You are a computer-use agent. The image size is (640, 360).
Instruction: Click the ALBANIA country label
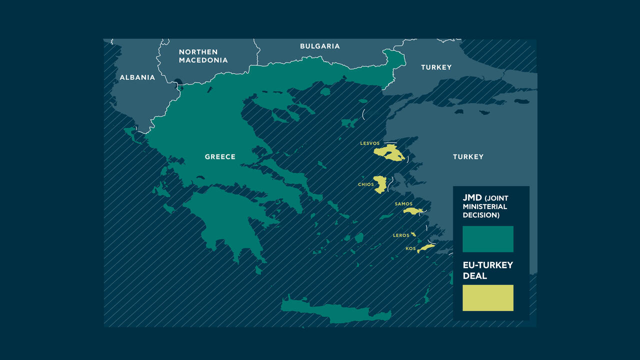pyautogui.click(x=137, y=77)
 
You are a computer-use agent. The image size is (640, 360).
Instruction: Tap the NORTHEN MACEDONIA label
pyautogui.click(x=203, y=56)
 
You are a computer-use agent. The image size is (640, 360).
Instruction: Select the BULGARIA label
pyautogui.click(x=319, y=46)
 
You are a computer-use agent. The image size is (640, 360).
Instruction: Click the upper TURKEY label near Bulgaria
pyautogui.click(x=436, y=67)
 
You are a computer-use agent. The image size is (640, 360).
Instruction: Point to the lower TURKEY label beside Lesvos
pyautogui.click(x=468, y=156)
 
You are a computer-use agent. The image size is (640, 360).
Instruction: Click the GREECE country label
pyautogui.click(x=220, y=156)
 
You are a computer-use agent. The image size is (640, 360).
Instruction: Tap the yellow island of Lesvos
pyautogui.click(x=389, y=153)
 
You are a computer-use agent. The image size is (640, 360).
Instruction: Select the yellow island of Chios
pyautogui.click(x=381, y=184)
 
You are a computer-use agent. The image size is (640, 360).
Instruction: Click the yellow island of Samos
pyautogui.click(x=413, y=211)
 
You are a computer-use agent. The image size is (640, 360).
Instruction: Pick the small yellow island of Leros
pyautogui.click(x=413, y=234)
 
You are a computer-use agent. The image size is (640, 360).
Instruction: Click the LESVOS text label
pyautogui.click(x=369, y=143)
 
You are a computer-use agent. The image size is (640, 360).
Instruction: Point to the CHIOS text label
pyautogui.click(x=365, y=184)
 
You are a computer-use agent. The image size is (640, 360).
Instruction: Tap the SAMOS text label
pyautogui.click(x=403, y=204)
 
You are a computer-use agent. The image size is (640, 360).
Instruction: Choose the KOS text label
pyautogui.click(x=410, y=248)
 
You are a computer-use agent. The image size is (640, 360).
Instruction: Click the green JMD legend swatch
pyautogui.click(x=487, y=239)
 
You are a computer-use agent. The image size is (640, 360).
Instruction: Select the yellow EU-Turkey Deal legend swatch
pyautogui.click(x=487, y=298)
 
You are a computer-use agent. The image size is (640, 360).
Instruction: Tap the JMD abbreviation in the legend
pyautogui.click(x=472, y=197)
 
